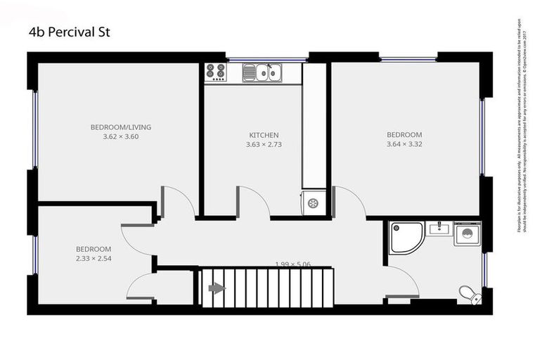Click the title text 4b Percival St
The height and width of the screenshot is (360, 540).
point(70,32)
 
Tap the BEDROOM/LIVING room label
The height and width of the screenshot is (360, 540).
point(121,127)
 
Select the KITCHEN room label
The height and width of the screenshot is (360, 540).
point(264,135)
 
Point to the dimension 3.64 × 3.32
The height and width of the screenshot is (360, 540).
point(404,144)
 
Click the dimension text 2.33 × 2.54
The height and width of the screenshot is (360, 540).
point(94,259)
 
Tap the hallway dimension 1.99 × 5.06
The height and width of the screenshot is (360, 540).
point(292,264)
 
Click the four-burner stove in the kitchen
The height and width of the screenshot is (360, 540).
point(215,71)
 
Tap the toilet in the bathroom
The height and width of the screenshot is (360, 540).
point(468,293)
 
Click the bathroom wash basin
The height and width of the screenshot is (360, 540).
point(438,228)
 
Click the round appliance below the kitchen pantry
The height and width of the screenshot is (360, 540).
point(313,203)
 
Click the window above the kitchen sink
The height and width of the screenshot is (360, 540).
point(266,58)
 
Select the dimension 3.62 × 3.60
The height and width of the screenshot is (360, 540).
point(121,137)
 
